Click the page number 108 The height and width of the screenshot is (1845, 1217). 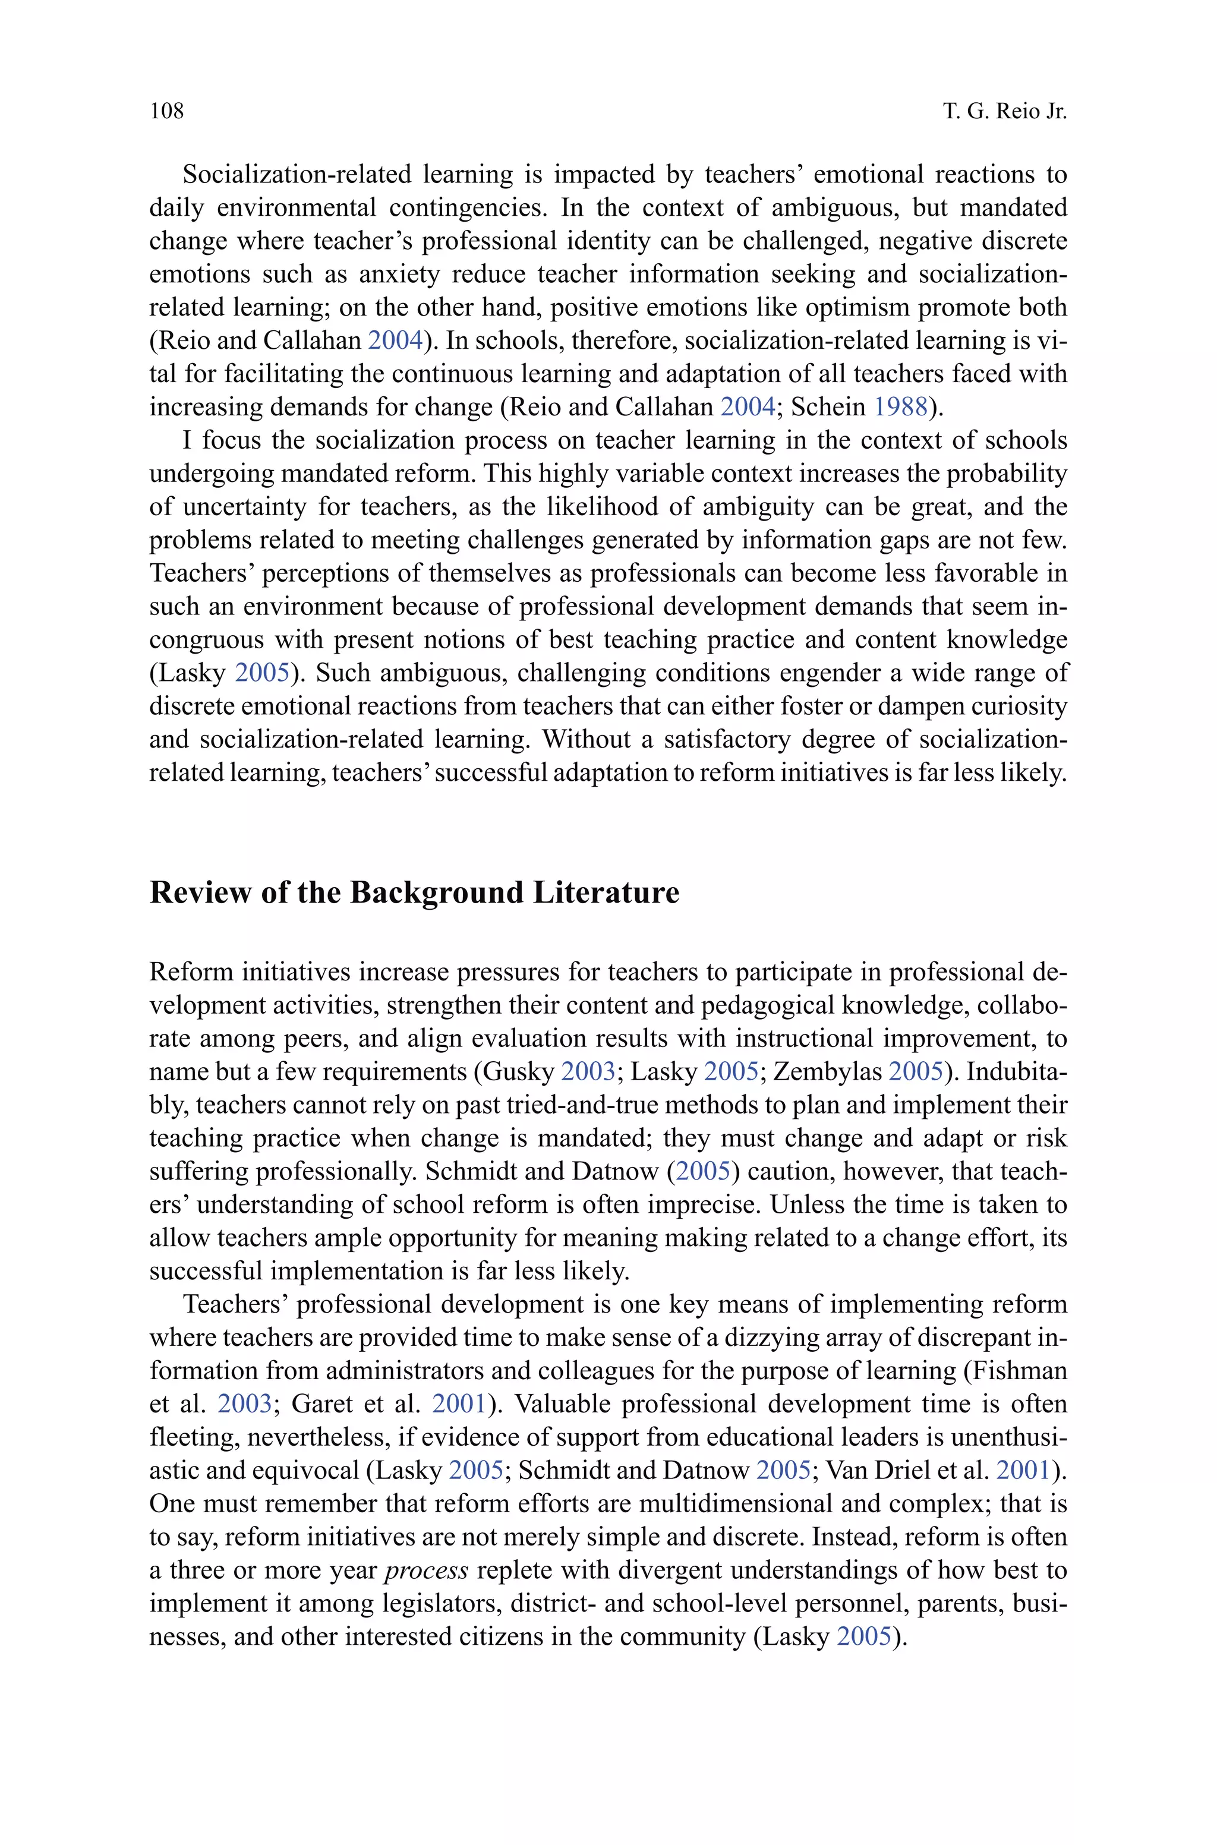pos(167,111)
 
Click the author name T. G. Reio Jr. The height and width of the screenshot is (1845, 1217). pos(1005,111)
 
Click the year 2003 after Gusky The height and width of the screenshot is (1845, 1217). pos(588,1071)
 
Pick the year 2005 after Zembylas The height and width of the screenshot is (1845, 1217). pos(915,1071)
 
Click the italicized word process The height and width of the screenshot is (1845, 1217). pos(427,1570)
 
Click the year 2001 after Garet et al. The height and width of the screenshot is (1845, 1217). pos(459,1404)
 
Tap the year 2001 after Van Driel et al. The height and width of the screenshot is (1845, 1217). pos(1022,1470)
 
